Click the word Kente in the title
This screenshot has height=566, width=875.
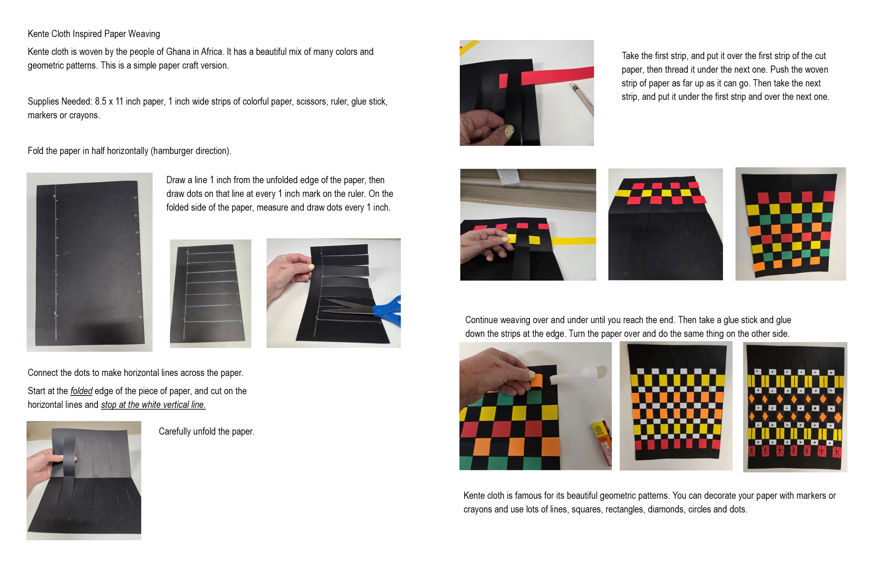pos(38,34)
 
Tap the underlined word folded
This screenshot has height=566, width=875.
pos(81,391)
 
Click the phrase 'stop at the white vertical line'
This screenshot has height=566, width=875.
pos(153,405)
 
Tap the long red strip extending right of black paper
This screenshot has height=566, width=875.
pos(557,75)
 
